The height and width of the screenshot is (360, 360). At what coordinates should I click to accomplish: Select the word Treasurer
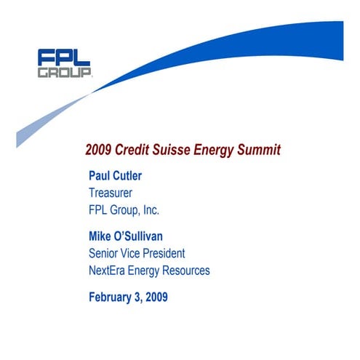tap(110, 193)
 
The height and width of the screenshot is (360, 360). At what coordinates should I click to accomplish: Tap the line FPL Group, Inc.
tap(124, 211)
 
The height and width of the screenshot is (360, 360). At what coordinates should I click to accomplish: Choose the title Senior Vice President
tap(137, 253)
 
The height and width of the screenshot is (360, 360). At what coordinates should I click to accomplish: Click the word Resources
tap(183, 271)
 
